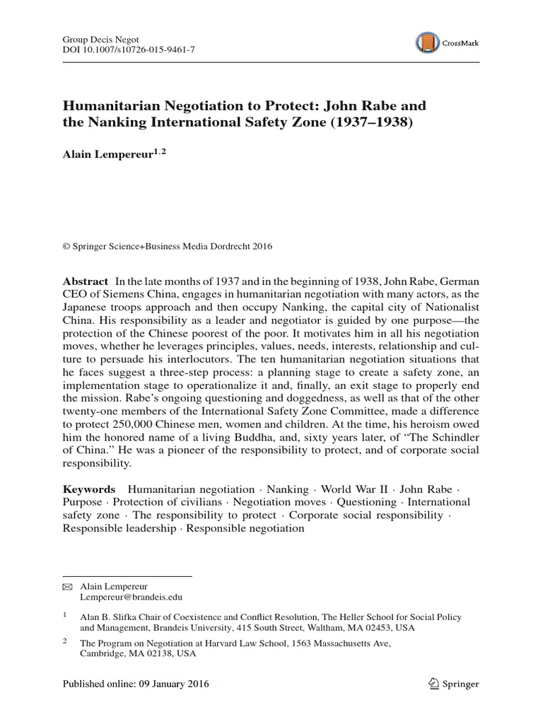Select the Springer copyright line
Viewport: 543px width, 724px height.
(x=168, y=246)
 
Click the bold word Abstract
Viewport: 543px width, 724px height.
(x=86, y=281)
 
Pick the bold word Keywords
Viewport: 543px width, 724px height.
(x=88, y=489)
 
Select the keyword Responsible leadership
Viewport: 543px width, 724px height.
(x=119, y=529)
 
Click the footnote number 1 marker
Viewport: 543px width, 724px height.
(x=65, y=616)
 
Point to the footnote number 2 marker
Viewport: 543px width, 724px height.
(x=65, y=641)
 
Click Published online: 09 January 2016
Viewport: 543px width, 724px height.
(x=136, y=684)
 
